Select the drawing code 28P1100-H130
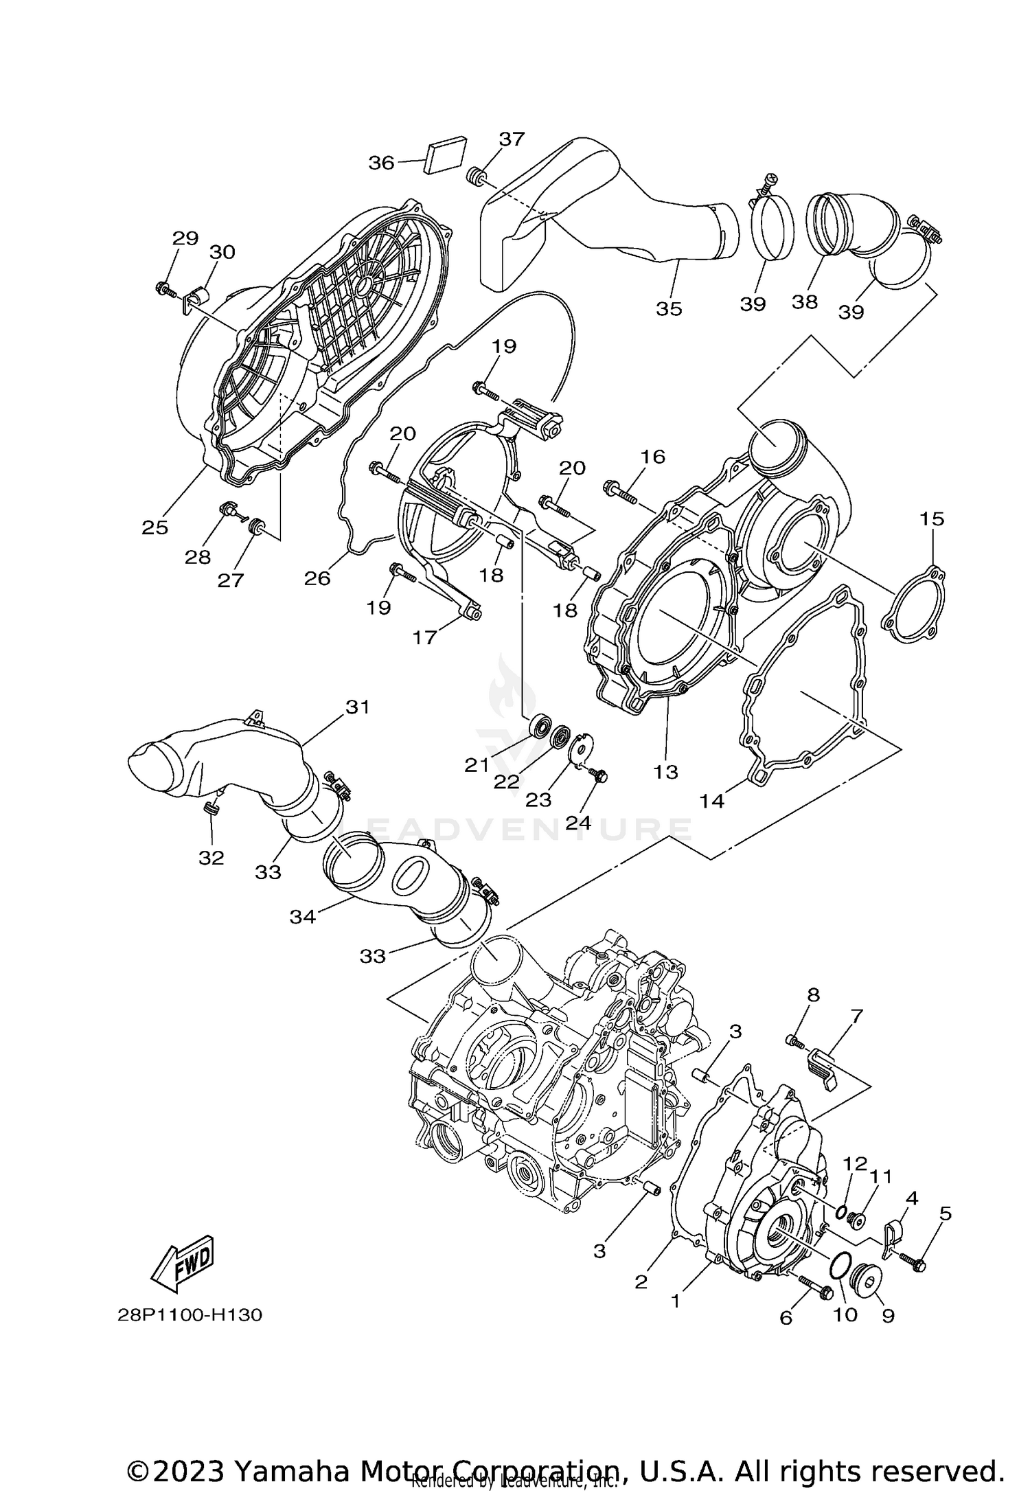click(x=190, y=1315)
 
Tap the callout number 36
click(x=381, y=163)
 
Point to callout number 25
click(x=155, y=527)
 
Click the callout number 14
click(x=712, y=801)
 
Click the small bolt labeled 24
click(x=599, y=775)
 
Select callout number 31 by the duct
click(x=357, y=707)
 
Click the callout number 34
click(x=302, y=916)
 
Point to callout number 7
click(x=856, y=1014)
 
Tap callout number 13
click(x=665, y=772)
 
